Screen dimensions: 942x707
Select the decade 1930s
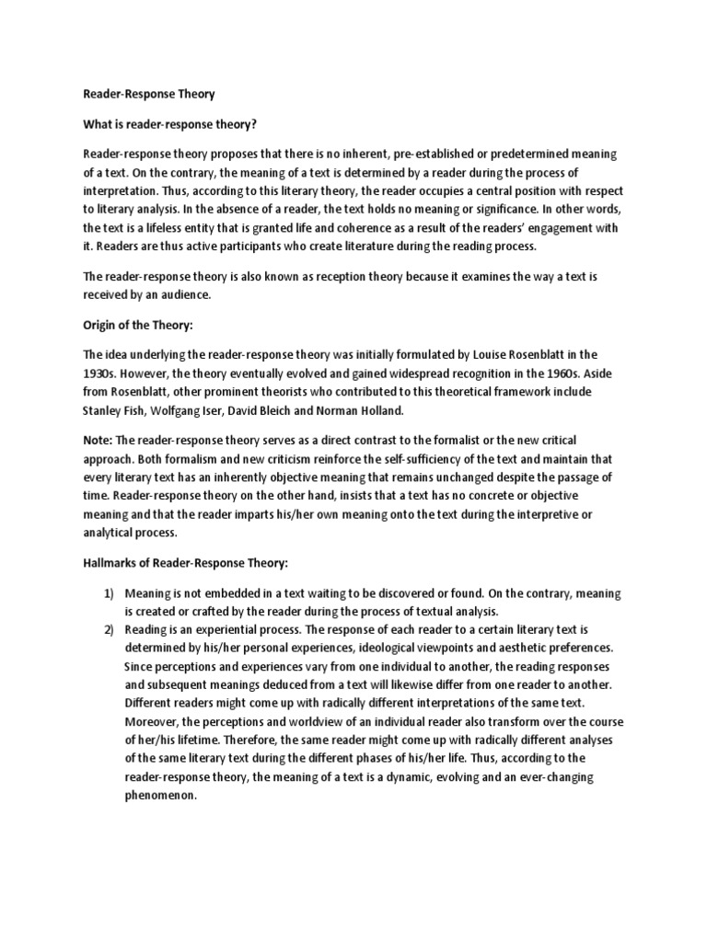click(x=101, y=373)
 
